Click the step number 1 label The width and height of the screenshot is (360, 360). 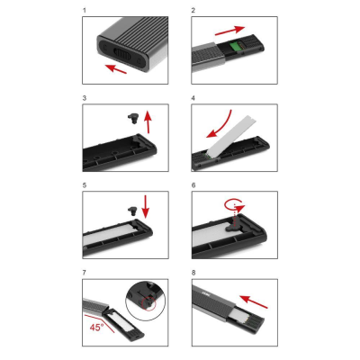pos(85,11)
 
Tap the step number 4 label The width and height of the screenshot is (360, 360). pos(193,98)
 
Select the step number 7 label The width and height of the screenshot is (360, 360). pos(85,273)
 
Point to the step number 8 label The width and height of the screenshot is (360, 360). pos(193,273)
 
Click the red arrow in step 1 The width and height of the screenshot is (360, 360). pos(116,68)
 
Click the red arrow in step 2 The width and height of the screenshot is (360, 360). pos(229,31)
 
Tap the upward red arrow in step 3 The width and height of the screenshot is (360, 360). pos(148,121)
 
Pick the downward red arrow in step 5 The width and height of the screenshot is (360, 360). pos(146,207)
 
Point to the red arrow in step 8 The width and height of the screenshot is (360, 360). pos(254,301)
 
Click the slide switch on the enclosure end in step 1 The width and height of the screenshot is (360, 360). pos(121,55)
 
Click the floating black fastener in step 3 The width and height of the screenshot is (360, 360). pos(132,119)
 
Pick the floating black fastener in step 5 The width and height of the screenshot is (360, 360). pos(132,211)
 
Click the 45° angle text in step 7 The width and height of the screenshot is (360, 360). pos(96,327)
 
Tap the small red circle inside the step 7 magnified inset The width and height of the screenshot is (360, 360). pos(149,303)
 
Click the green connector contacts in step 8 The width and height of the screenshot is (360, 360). pos(253,325)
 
